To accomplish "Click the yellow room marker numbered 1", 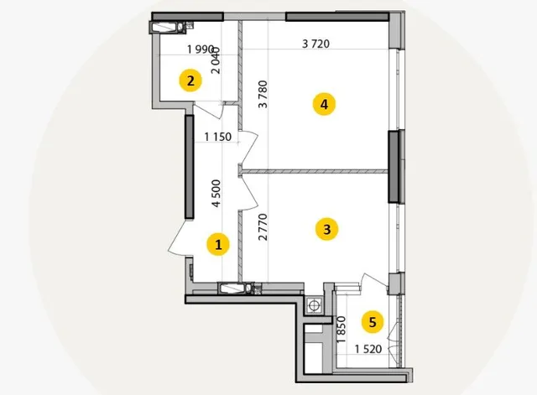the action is click(218, 244).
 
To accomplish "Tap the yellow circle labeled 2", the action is click(190, 81).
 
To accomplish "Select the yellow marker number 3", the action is click(326, 229).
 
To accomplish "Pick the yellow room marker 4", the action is click(324, 104).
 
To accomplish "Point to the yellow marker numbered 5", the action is click(373, 322).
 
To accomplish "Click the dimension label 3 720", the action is click(315, 44).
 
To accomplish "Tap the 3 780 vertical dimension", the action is click(263, 94).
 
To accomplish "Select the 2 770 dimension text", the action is click(263, 227).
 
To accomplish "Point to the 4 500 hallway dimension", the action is click(216, 194).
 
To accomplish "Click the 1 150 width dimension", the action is click(218, 137).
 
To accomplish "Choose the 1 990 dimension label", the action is click(201, 49).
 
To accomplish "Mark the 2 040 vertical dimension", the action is click(216, 60).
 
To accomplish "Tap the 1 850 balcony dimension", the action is click(341, 330).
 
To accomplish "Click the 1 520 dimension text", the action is click(368, 349).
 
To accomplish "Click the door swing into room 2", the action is click(209, 112).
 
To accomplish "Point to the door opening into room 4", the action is click(248, 148).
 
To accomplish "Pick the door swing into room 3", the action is click(248, 192).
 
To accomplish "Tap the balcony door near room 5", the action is click(374, 280).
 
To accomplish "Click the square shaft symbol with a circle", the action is click(313, 305).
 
